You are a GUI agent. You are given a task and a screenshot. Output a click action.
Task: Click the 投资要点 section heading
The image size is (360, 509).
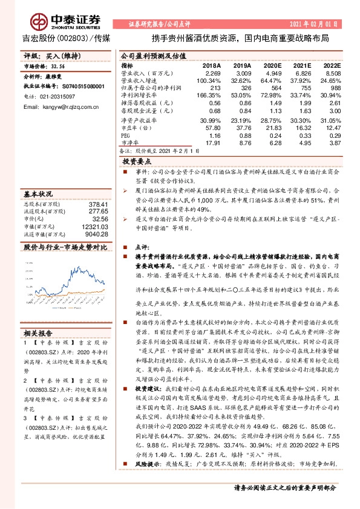coord(136,163)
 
